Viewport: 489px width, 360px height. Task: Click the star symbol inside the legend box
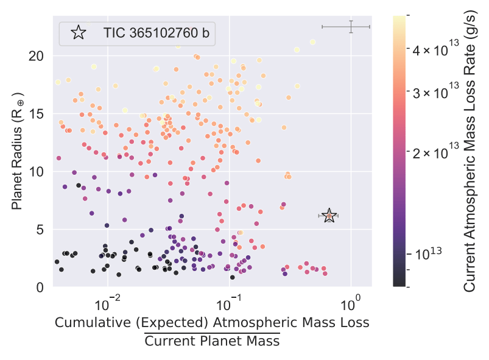pyautogui.click(x=78, y=33)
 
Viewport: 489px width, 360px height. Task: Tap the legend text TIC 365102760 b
pyautogui.click(x=156, y=34)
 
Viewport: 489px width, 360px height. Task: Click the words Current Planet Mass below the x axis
pyautogui.click(x=212, y=341)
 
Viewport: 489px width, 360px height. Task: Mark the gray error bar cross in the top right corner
pyautogui.click(x=351, y=27)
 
